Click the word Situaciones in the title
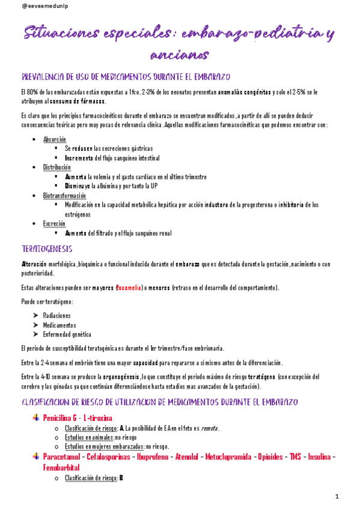coord(60,35)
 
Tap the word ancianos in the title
coord(179,55)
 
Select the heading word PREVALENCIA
coord(46,77)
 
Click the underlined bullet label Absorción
coord(55,139)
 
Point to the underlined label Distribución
coord(56,167)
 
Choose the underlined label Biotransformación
coord(65,195)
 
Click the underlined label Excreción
coord(54,223)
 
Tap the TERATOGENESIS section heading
coord(47,248)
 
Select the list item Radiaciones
coord(57,315)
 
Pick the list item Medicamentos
coord(59,325)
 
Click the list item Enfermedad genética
coord(67,334)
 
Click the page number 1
coord(338,496)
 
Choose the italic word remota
coord(209,428)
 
